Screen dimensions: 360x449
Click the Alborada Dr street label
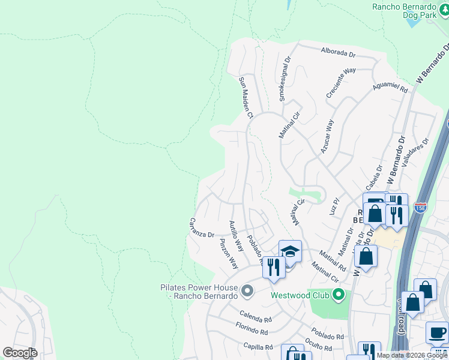point(339,53)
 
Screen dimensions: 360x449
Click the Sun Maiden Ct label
point(247,97)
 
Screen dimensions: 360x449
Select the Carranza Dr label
point(202,227)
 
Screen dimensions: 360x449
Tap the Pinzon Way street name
point(229,253)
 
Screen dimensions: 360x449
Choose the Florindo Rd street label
point(252,330)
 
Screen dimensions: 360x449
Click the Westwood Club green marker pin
point(339,295)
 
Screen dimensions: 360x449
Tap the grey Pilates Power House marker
point(247,292)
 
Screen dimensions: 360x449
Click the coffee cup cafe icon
point(436,332)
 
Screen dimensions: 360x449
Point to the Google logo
point(20,353)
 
